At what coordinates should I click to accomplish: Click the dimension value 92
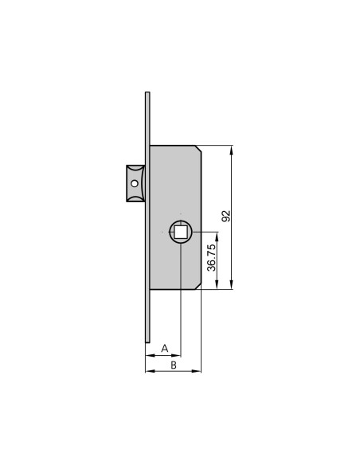(x=225, y=216)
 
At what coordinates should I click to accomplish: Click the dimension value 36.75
(x=211, y=258)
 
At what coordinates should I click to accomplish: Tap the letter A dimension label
(x=165, y=348)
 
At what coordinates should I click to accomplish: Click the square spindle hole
(x=181, y=232)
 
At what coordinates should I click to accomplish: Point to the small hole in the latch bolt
(x=135, y=185)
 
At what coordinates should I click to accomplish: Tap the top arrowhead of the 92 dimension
(x=232, y=149)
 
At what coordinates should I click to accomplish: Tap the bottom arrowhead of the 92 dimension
(x=232, y=287)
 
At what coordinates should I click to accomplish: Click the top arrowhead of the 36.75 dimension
(x=217, y=234)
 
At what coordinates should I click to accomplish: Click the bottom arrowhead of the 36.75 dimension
(x=217, y=287)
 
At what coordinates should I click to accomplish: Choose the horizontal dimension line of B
(x=173, y=370)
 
